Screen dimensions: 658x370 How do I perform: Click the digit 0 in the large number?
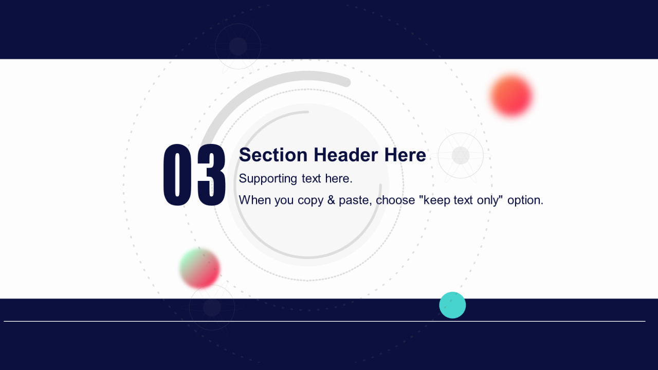coord(177,175)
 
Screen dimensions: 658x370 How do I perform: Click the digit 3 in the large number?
coord(211,175)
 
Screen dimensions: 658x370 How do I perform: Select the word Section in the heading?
coord(273,155)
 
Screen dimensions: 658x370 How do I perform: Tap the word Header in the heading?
coord(346,155)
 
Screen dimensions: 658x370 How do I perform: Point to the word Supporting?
coord(268,179)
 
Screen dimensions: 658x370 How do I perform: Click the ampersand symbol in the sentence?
coord(331,200)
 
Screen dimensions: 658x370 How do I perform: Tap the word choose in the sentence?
coord(395,200)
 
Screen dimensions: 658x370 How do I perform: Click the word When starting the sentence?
coord(255,200)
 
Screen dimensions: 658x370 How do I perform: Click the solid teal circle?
coord(452,305)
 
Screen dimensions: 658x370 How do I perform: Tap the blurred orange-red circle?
coord(511,96)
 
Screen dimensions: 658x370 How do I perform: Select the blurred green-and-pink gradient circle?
coord(200,268)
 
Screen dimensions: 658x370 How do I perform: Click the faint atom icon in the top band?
coord(238,46)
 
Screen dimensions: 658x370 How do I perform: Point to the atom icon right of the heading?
coord(461,155)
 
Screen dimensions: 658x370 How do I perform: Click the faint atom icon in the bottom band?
coord(212,307)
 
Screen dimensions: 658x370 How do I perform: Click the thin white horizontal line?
coord(324,321)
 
